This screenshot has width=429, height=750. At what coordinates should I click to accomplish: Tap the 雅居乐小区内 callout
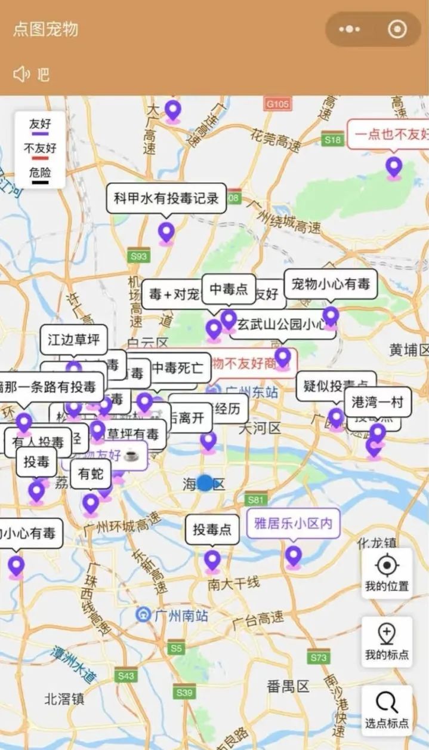293,524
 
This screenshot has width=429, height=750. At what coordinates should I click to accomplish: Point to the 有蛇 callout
91,474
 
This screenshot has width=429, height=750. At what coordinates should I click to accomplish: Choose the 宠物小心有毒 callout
331,284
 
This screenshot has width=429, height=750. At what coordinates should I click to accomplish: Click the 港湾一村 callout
378,402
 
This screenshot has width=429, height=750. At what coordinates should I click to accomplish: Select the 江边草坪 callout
74,340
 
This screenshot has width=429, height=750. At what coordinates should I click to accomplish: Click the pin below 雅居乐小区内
293,557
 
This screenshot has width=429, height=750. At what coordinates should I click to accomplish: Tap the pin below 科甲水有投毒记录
166,232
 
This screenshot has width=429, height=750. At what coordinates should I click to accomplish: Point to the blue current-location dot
205,483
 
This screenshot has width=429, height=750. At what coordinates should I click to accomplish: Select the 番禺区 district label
288,685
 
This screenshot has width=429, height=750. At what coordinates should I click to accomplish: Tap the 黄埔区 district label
409,350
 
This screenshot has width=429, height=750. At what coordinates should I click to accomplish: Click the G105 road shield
278,104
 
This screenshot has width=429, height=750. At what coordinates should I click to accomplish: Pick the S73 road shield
319,657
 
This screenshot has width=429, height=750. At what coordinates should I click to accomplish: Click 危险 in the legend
41,173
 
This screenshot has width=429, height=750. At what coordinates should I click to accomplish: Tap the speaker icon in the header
21,74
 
